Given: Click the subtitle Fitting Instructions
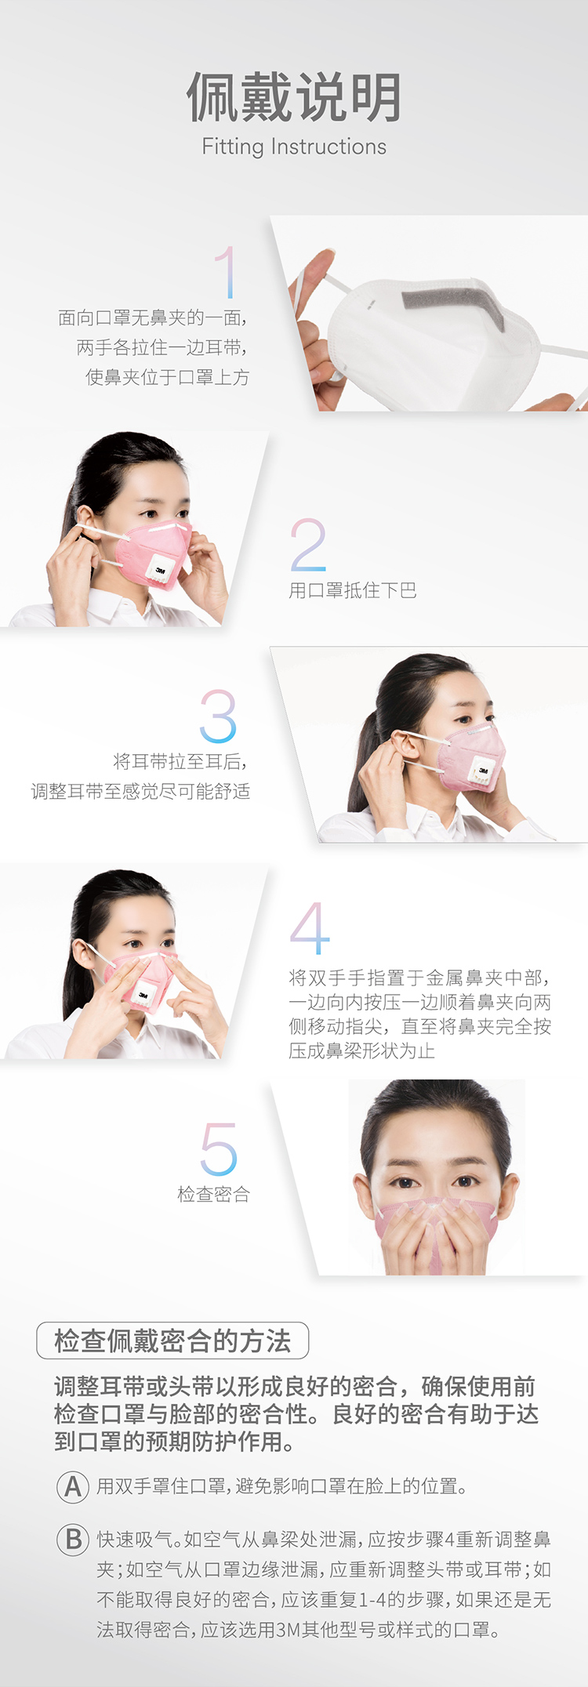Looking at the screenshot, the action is (294, 147).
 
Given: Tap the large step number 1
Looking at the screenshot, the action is (226, 272).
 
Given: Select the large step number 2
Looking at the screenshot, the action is (308, 545).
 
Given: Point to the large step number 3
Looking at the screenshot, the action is (218, 716).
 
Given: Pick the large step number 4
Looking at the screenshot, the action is (310, 928).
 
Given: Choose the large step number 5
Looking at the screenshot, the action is (218, 1148).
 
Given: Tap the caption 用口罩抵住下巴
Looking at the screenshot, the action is (353, 590).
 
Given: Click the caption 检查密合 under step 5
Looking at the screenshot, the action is (214, 1194).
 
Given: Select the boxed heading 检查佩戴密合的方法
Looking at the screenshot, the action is (172, 1341).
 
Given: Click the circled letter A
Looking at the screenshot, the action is (73, 1486).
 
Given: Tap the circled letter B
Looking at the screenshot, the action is (73, 1539).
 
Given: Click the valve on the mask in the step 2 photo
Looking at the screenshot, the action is (161, 568).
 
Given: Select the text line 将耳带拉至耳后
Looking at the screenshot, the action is (180, 761).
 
